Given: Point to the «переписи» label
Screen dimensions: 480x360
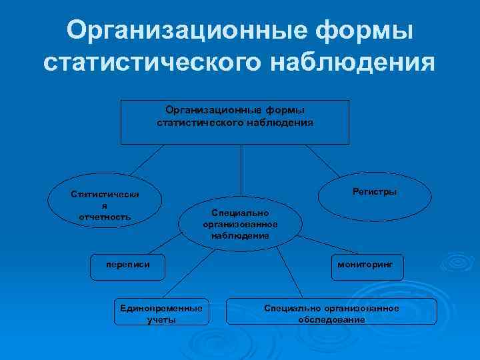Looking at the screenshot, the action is [127, 265].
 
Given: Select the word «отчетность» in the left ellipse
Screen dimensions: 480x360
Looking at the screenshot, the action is [105, 216].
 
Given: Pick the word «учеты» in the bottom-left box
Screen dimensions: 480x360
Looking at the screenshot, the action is [161, 319].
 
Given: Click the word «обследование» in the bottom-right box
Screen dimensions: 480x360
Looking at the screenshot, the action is [331, 319].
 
